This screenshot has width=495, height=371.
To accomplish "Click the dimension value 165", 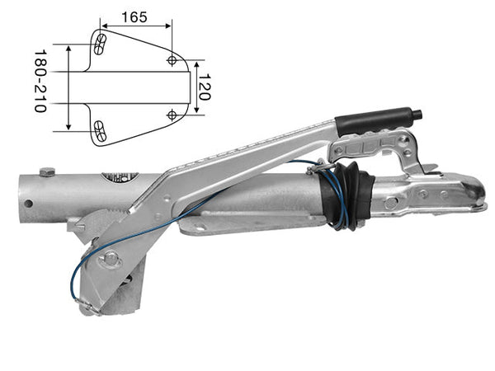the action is [134, 17].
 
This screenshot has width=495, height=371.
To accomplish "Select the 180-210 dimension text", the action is [40, 81].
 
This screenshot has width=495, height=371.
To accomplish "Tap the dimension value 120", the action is [205, 87].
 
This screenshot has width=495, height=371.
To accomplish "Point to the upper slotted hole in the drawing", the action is [100, 45].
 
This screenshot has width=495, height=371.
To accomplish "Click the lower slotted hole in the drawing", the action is [100, 130].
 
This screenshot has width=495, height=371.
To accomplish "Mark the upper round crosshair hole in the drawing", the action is [172, 60].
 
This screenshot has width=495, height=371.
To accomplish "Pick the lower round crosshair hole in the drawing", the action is [172, 115].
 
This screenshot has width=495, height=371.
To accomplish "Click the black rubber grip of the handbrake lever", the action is [375, 121].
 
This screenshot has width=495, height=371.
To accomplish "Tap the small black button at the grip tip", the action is [418, 115].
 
